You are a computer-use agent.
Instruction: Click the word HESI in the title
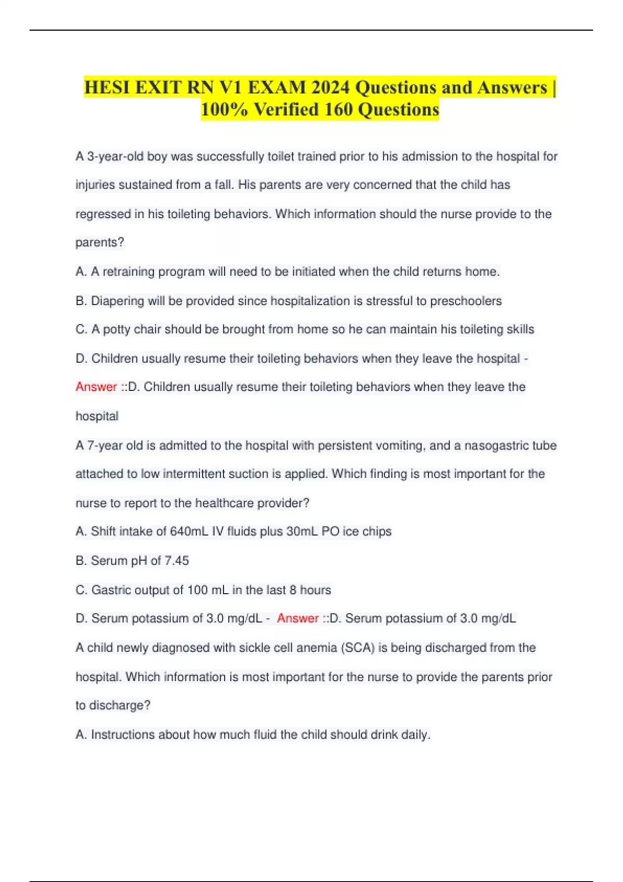pos(107,87)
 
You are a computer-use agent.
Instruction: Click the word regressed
pos(103,214)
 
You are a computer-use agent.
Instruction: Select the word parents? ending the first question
pos(100,242)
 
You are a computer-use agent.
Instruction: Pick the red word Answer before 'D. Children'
pos(96,387)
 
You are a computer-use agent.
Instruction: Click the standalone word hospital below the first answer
pos(97,416)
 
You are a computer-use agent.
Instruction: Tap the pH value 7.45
pos(177,561)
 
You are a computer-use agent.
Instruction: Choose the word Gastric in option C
pos(111,590)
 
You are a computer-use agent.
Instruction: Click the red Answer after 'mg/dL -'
pos(297,618)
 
